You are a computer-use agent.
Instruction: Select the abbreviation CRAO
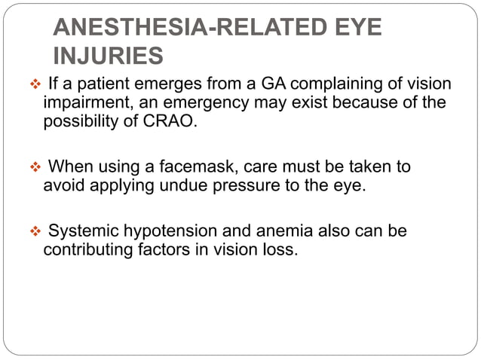173,121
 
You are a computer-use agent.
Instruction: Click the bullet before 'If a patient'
33,83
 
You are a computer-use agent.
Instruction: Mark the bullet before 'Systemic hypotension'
33,231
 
